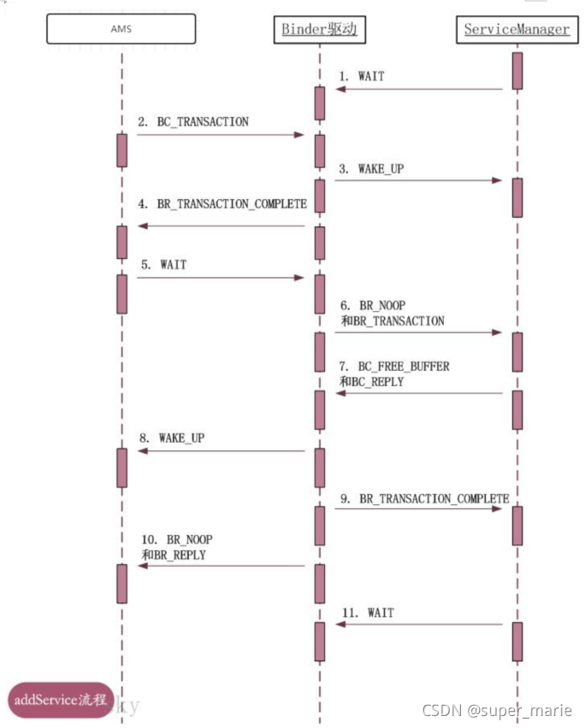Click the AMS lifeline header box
point(121,28)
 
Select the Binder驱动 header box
point(319,30)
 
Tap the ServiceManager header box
point(517,29)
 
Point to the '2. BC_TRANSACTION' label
point(192,122)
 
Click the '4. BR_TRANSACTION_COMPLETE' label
point(222,204)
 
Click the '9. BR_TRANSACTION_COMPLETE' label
point(423,498)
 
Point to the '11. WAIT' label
point(370,613)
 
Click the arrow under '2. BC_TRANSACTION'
point(220,135)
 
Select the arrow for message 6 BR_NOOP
point(417,332)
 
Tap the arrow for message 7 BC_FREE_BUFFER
point(417,393)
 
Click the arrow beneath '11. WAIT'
point(417,625)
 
